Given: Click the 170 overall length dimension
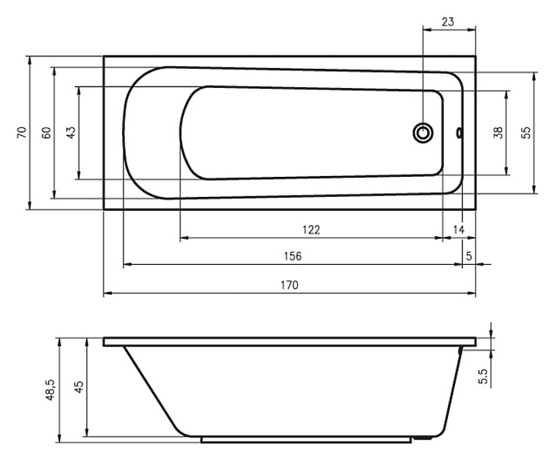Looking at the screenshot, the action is click(290, 285).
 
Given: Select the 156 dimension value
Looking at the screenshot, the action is click(293, 256).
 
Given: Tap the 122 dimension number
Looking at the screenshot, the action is click(311, 230).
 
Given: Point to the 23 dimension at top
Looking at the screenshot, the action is click(447, 22).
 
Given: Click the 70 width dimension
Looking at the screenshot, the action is click(22, 132).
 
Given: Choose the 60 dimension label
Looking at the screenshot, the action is click(46, 133).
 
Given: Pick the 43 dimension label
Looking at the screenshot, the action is click(71, 133).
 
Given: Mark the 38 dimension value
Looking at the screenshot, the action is click(498, 133).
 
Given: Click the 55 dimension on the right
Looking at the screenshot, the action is click(527, 133).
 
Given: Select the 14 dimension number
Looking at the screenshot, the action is click(459, 230).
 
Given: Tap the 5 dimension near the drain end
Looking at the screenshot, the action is click(470, 256).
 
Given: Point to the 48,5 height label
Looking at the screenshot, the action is click(49, 390).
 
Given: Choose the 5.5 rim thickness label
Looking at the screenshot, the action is click(483, 376).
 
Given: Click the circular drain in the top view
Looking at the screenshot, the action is click(422, 133).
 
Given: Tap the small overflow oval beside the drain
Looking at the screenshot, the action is click(459, 133).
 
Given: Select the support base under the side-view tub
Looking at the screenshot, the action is click(307, 439).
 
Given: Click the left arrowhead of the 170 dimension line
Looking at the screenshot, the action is click(107, 293).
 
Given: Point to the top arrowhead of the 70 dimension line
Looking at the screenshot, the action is click(30, 59).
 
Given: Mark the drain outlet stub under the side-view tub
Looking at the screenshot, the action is click(422, 439).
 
